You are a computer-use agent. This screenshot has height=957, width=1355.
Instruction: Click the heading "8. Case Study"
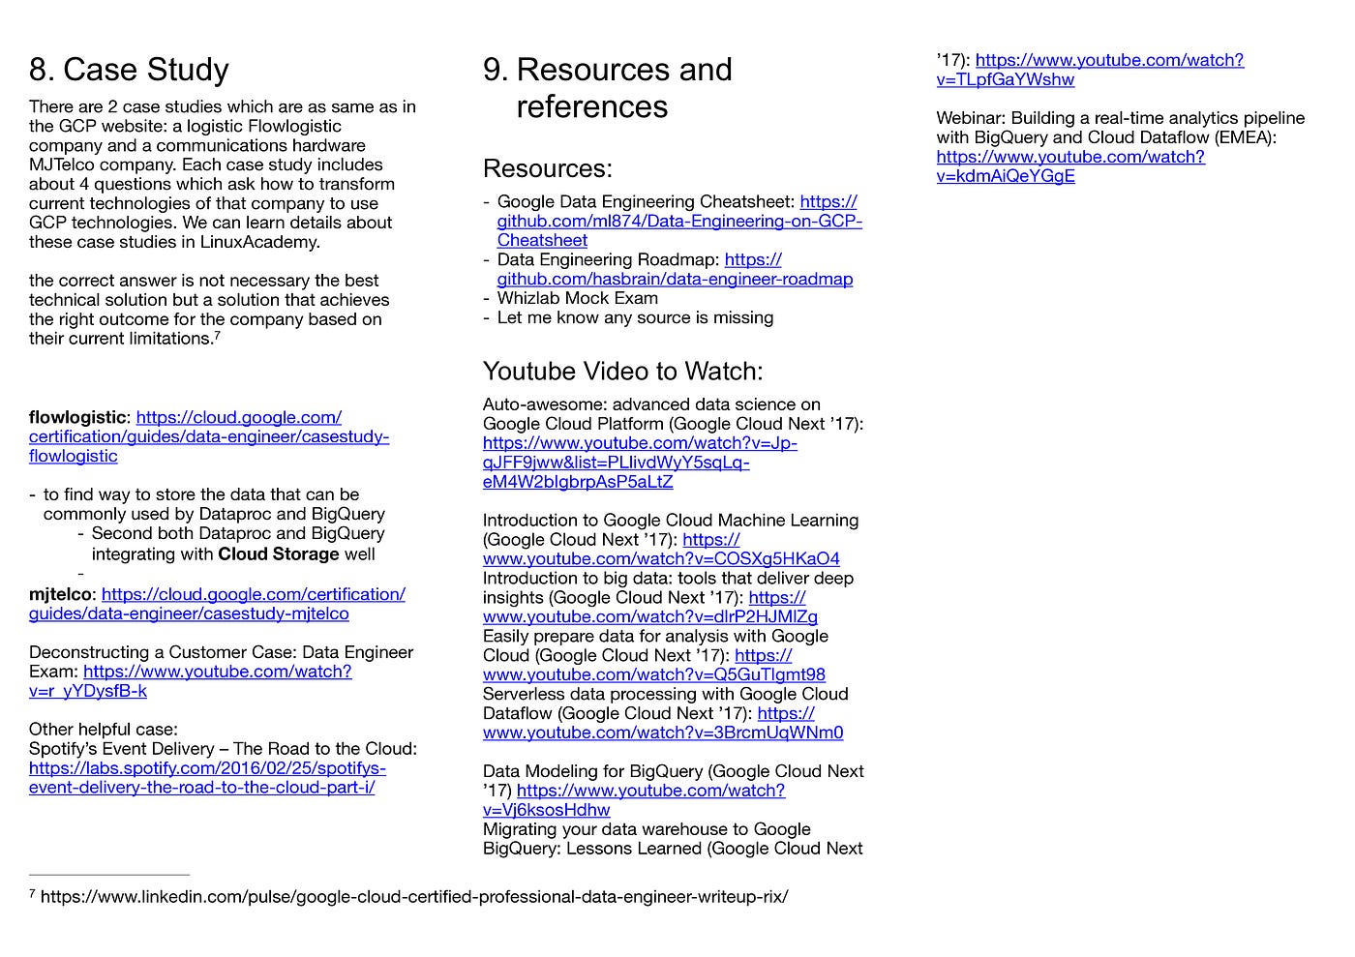129,70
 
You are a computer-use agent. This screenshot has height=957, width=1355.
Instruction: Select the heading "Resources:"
547,168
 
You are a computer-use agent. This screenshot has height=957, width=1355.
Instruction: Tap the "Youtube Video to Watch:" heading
622,372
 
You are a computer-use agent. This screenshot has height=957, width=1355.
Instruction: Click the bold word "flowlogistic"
77,417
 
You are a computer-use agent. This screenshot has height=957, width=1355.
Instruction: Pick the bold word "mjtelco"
61,594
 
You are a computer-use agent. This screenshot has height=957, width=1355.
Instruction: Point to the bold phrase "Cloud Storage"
279,554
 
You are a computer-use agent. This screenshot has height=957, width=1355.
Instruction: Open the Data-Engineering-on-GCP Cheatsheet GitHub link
678,222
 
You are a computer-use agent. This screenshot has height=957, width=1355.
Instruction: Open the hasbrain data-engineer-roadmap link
675,280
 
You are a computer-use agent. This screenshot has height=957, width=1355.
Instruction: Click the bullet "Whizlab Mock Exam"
577,298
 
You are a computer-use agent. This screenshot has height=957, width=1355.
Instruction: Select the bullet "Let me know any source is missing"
635,317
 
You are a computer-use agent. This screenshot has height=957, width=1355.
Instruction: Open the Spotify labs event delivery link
207,778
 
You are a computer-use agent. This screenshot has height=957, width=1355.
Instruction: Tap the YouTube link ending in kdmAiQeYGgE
1069,166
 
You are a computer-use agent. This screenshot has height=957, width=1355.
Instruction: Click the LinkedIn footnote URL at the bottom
414,897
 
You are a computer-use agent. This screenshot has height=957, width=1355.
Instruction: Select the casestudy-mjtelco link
218,604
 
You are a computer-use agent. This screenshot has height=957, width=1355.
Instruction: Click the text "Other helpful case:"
104,730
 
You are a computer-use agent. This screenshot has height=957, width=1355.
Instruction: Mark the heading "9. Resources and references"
608,87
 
